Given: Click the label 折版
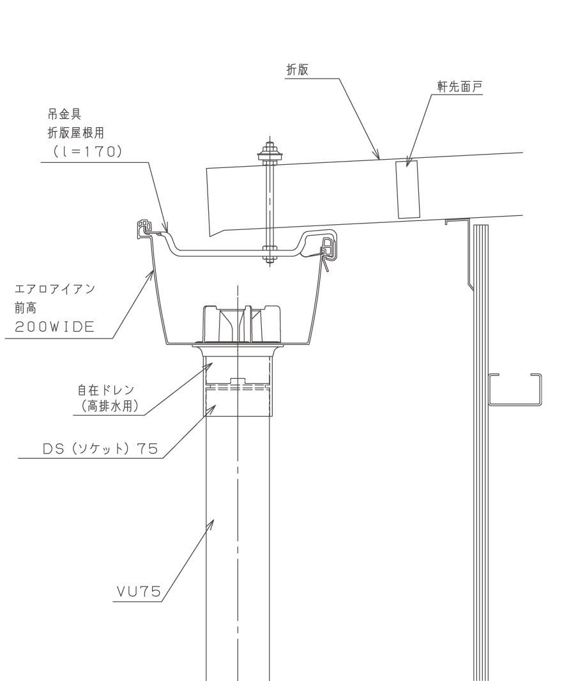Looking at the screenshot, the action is pyautogui.click(x=298, y=70).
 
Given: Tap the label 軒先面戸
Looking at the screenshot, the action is pyautogui.click(x=459, y=87).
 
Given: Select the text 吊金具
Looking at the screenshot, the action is pyautogui.click(x=65, y=114).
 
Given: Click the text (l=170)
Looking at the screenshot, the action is pyautogui.click(x=87, y=151).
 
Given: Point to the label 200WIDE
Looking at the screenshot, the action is pyautogui.click(x=54, y=326).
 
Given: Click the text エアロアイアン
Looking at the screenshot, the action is pyautogui.click(x=55, y=289).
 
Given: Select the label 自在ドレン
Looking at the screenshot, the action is pyautogui.click(x=106, y=390).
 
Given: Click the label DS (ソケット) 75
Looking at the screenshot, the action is pyautogui.click(x=100, y=448).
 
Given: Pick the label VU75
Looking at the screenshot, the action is pyautogui.click(x=139, y=591).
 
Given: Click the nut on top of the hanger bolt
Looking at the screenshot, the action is pyautogui.click(x=270, y=152).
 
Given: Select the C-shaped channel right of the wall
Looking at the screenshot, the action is pyautogui.click(x=515, y=390).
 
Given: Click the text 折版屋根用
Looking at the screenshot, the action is pyautogui.click(x=75, y=132).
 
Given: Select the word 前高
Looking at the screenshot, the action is pyautogui.click(x=26, y=308).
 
